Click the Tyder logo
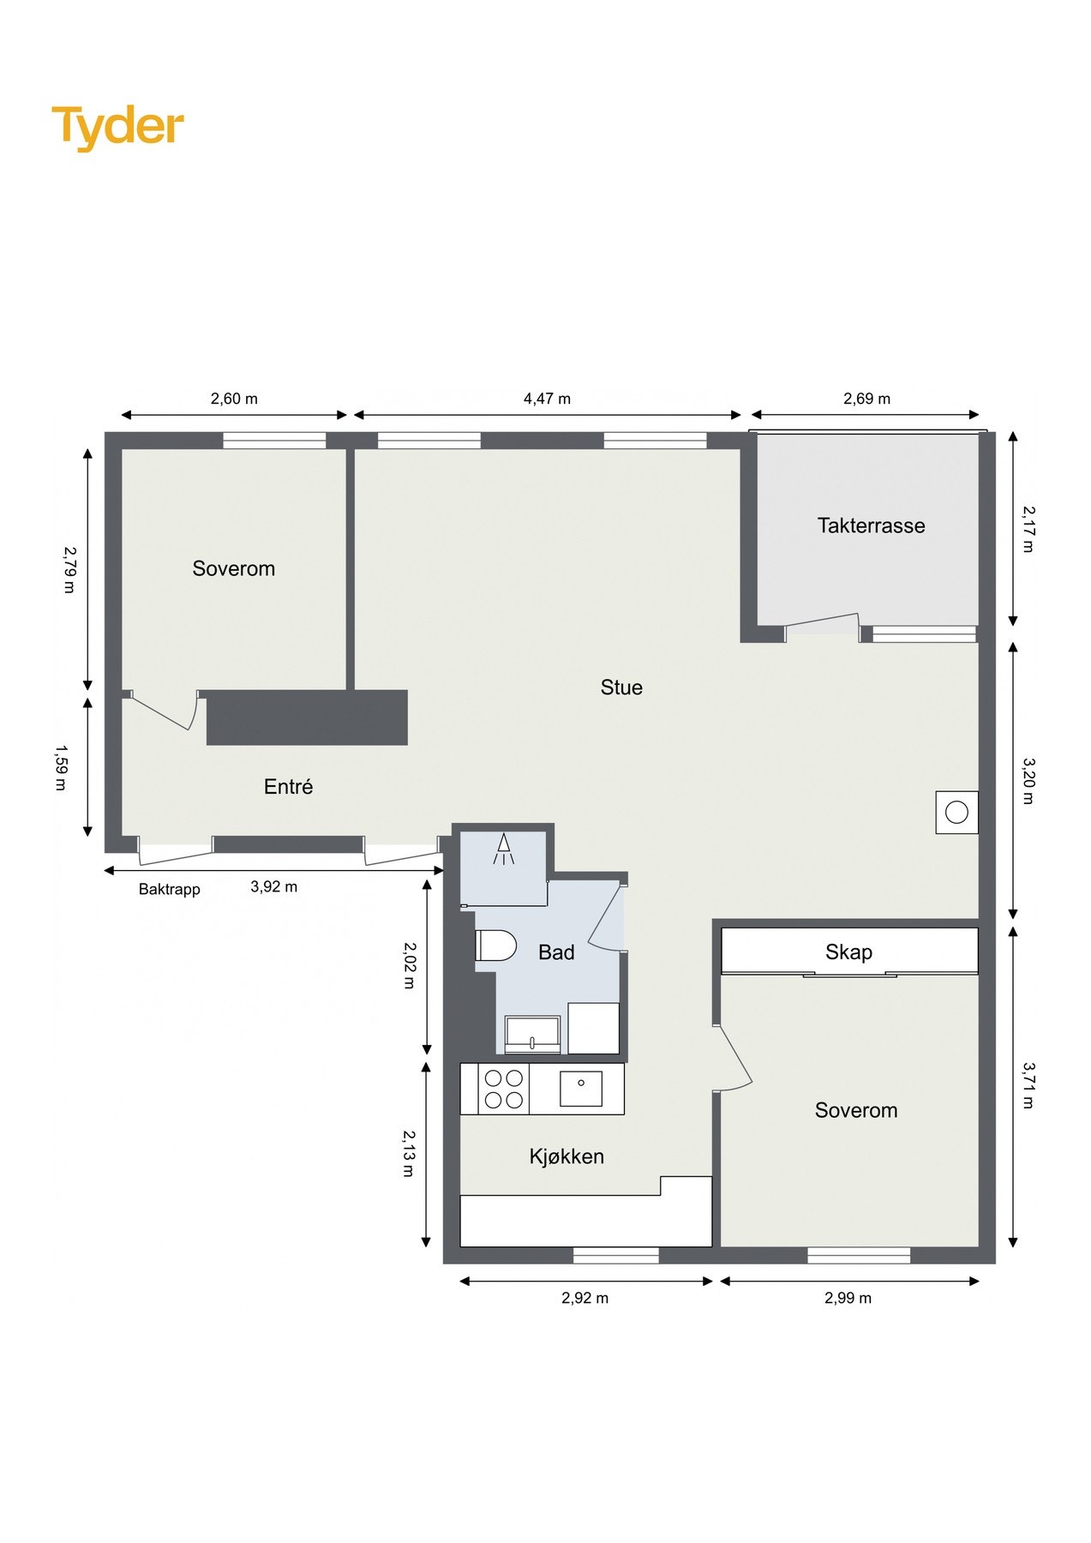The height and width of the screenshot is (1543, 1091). pyautogui.click(x=118, y=128)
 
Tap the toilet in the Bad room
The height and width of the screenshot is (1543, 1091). pyautogui.click(x=495, y=945)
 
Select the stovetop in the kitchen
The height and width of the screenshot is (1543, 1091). pyautogui.click(x=504, y=1089)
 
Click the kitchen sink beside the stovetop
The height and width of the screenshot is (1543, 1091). pyautogui.click(x=581, y=1089)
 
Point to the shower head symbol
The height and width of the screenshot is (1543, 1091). pyautogui.click(x=504, y=848)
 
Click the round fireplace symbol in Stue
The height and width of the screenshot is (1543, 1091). pyautogui.click(x=956, y=812)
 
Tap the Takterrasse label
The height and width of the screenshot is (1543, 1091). pyautogui.click(x=871, y=525)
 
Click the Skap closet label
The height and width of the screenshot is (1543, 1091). pyautogui.click(x=848, y=952)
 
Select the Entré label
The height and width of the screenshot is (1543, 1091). pyautogui.click(x=288, y=786)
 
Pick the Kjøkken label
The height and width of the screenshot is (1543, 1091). pyautogui.click(x=566, y=1156)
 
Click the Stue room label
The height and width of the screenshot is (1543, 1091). pyautogui.click(x=621, y=687)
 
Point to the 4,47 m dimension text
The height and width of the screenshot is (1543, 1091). pyautogui.click(x=547, y=399)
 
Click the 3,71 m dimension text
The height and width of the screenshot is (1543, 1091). pyautogui.click(x=1028, y=1085)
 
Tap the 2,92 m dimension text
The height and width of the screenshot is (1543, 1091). pyautogui.click(x=584, y=1298)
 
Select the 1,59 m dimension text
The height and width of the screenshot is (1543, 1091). pyautogui.click(x=60, y=767)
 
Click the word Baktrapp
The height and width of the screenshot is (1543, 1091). pyautogui.click(x=170, y=889)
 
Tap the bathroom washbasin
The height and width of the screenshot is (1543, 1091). pyautogui.click(x=532, y=1035)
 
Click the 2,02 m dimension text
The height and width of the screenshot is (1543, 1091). pyautogui.click(x=409, y=965)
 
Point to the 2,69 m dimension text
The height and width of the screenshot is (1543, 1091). pyautogui.click(x=866, y=399)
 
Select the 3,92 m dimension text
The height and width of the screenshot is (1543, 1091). pyautogui.click(x=273, y=886)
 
